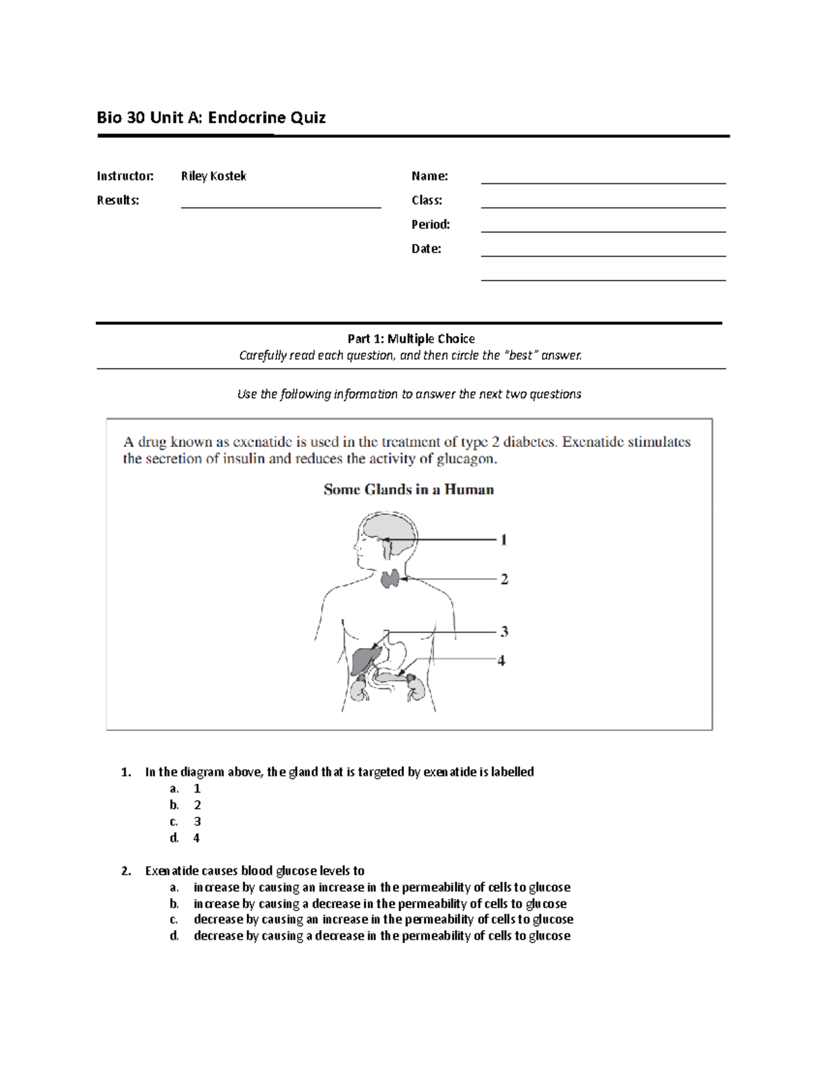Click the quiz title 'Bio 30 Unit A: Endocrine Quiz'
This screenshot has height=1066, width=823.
(211, 117)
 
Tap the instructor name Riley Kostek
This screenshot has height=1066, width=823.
(213, 176)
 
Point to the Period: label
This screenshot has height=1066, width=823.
(430, 224)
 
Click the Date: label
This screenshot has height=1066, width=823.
(426, 248)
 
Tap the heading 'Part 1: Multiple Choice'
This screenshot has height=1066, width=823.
(411, 338)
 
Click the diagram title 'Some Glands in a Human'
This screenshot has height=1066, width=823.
(409, 489)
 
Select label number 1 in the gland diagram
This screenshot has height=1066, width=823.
(503, 540)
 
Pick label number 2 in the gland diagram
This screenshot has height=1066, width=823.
(504, 579)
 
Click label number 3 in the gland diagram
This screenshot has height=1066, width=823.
(504, 632)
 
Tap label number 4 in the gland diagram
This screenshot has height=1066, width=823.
(501, 660)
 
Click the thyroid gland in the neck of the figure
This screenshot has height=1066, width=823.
(391, 579)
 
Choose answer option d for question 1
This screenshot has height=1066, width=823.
(196, 837)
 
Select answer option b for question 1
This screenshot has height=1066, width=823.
(197, 804)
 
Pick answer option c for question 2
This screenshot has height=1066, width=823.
(383, 919)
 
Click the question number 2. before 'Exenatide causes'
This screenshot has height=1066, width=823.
(126, 870)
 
